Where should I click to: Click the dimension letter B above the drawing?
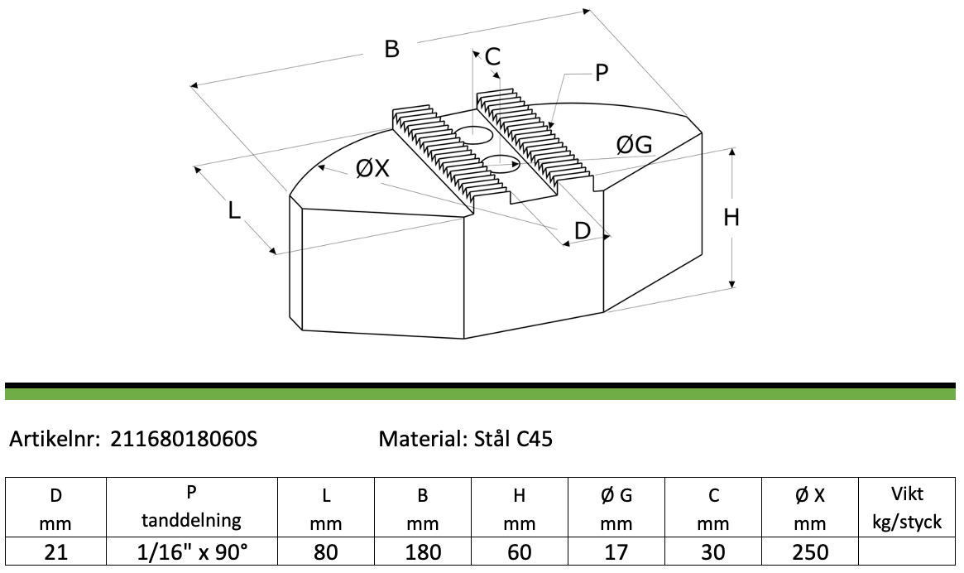pyautogui.click(x=391, y=49)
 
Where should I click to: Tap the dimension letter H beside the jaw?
pyautogui.click(x=731, y=217)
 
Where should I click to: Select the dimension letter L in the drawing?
pyautogui.click(x=233, y=210)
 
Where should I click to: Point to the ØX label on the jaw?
pyautogui.click(x=372, y=167)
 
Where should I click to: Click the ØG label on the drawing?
pyautogui.click(x=634, y=145)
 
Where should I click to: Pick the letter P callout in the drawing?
pyautogui.click(x=602, y=73)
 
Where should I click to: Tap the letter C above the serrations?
pyautogui.click(x=492, y=56)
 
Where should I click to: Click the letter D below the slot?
pyautogui.click(x=582, y=231)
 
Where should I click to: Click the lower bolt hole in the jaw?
pyautogui.click(x=501, y=164)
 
